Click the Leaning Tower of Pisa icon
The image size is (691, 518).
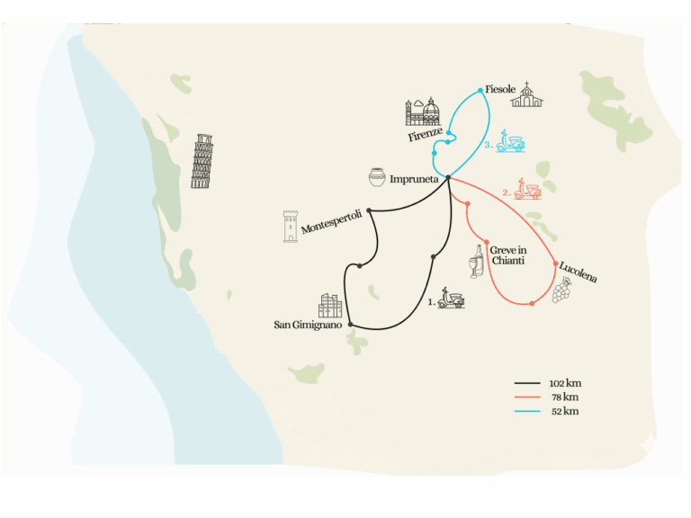click(202, 162)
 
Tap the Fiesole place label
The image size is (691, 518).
click(499, 90)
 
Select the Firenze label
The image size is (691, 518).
click(426, 135)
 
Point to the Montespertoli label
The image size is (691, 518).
click(331, 219)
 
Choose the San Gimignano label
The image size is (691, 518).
click(308, 325)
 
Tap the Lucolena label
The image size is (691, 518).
click(578, 272)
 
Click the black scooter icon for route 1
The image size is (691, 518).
click(451, 299)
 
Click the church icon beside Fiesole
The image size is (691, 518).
click(527, 94)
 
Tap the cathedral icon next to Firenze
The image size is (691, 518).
click(423, 112)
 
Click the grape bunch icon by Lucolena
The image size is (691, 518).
click(561, 290)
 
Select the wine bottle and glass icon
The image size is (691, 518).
click(474, 263)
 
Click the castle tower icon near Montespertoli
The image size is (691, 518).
click(291, 227)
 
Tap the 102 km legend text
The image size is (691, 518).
click(565, 383)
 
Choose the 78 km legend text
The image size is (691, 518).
click(564, 397)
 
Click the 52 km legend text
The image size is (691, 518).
click(564, 411)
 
